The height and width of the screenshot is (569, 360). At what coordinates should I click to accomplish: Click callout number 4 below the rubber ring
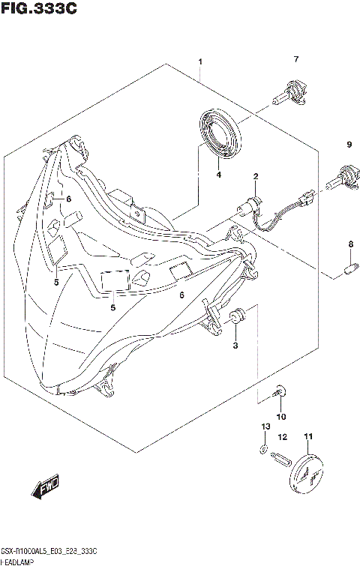click(218, 175)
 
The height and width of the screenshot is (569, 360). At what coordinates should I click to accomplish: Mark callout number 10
click(281, 416)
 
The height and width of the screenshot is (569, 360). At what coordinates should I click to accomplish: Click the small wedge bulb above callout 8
click(349, 265)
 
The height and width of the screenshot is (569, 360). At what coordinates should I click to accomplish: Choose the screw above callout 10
click(279, 390)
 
